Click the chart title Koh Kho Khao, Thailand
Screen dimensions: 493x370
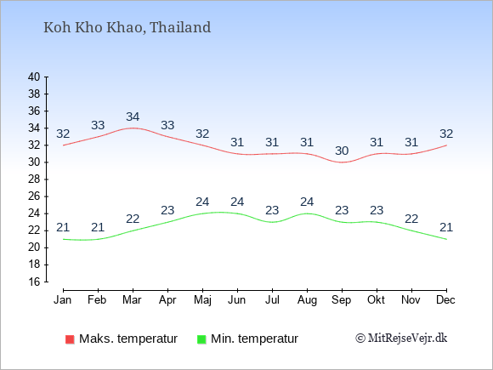tap(127, 27)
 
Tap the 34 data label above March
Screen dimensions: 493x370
tap(133, 117)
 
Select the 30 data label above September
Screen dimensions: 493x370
tap(342, 151)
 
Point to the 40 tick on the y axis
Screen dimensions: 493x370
tap(34, 77)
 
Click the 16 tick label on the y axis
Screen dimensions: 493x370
tap(34, 282)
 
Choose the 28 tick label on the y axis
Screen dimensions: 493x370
tap(34, 179)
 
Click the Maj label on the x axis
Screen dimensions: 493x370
tap(202, 300)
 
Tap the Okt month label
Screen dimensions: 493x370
tap(376, 299)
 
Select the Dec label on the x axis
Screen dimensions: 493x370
tap(445, 299)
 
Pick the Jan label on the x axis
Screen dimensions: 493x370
tap(63, 299)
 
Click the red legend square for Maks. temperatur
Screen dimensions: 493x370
tap(70, 339)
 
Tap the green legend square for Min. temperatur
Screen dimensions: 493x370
tap(201, 339)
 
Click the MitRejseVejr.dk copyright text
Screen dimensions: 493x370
tap(401, 338)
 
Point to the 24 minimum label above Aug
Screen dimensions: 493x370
tap(307, 202)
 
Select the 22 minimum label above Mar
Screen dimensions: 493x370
tap(133, 219)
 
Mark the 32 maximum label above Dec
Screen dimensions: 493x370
tap(446, 134)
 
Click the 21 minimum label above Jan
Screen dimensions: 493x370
tap(63, 227)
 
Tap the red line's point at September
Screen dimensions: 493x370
tap(342, 162)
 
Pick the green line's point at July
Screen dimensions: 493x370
tap(272, 222)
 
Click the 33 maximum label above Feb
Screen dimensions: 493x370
tap(98, 125)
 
